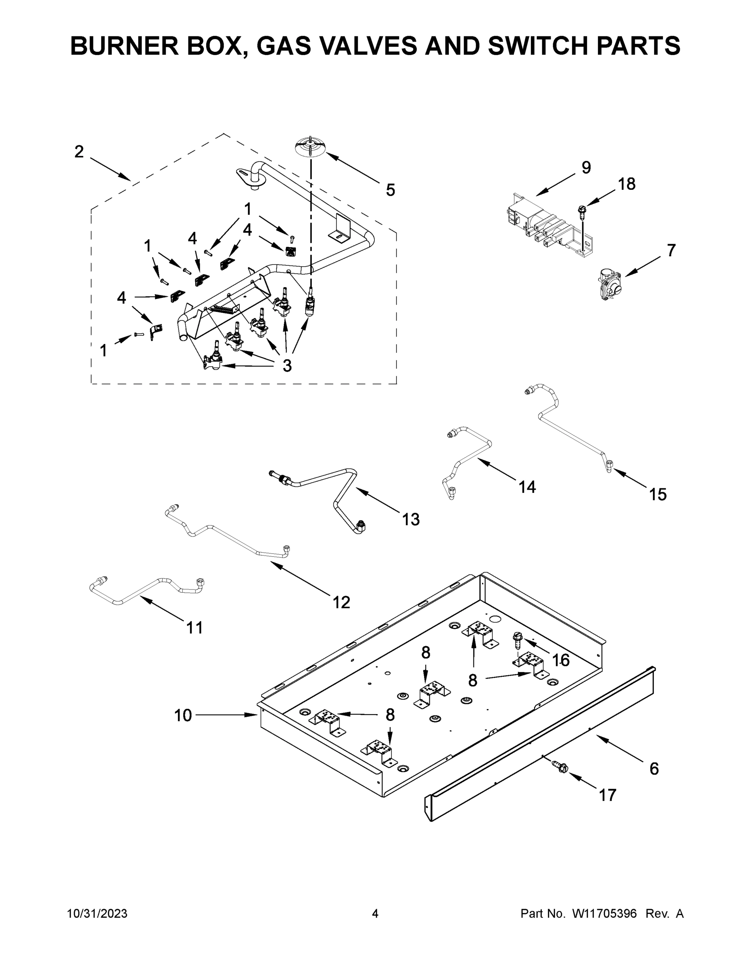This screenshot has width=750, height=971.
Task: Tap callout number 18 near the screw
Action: pyautogui.click(x=626, y=184)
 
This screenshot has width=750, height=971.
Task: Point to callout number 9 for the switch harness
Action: pyautogui.click(x=586, y=167)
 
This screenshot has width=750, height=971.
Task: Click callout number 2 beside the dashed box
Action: pyautogui.click(x=79, y=152)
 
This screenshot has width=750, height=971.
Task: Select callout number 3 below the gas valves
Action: pyautogui.click(x=287, y=365)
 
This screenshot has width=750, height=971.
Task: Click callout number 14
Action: pyautogui.click(x=527, y=487)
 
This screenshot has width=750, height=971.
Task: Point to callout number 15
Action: pyautogui.click(x=657, y=494)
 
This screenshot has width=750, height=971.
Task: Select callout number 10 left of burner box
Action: pyautogui.click(x=183, y=715)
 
